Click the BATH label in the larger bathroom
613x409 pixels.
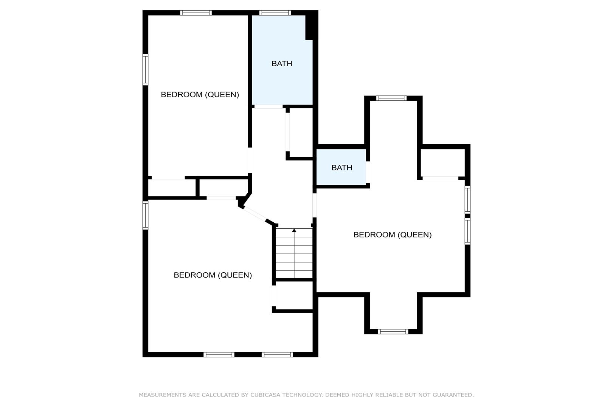pyautogui.click(x=282, y=64)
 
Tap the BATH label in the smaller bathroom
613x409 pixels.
pyautogui.click(x=341, y=167)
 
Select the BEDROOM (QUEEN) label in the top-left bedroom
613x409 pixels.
pyautogui.click(x=200, y=95)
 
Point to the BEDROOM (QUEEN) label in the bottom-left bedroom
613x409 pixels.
pyautogui.click(x=213, y=275)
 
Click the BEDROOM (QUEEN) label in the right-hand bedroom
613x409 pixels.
pyautogui.click(x=393, y=235)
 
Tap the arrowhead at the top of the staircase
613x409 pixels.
pyautogui.click(x=294, y=231)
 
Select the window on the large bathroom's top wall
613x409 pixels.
pyautogui.click(x=275, y=12)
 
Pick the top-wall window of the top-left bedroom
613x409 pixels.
pyautogui.click(x=196, y=12)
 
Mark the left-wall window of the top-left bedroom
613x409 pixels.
pyautogui.click(x=145, y=70)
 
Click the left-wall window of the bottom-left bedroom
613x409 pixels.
pyautogui.click(x=145, y=215)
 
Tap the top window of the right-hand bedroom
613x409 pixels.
pyautogui.click(x=391, y=98)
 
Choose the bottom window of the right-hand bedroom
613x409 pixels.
pyautogui.click(x=393, y=331)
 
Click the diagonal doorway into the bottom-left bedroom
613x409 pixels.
pyautogui.click(x=255, y=214)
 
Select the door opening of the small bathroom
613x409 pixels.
pyautogui.click(x=368, y=172)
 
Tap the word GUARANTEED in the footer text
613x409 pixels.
pyautogui.click(x=453, y=395)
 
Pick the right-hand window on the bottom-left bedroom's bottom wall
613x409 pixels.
pyautogui.click(x=277, y=354)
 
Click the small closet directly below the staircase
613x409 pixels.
pyautogui.click(x=294, y=295)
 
